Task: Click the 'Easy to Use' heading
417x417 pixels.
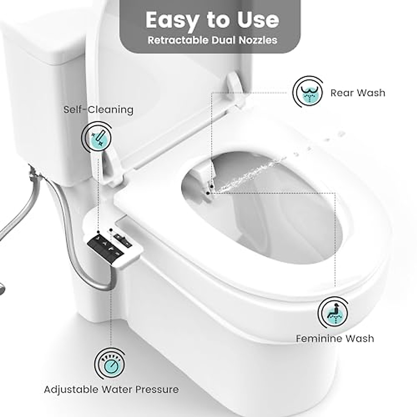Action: [212, 20]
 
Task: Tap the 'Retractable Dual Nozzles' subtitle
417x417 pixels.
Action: [212, 40]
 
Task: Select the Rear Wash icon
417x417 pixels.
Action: [308, 92]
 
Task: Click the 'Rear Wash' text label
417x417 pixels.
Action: [358, 93]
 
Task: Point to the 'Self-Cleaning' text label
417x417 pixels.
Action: [98, 110]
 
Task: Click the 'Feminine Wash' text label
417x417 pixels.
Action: [335, 338]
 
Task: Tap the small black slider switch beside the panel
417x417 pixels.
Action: [122, 239]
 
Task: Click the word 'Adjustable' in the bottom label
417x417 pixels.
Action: [71, 390]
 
